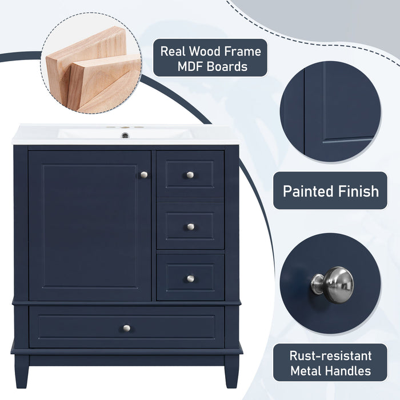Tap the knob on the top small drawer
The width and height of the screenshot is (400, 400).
190,174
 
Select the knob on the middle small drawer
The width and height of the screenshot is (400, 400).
190,226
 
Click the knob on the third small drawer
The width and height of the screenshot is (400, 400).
190,278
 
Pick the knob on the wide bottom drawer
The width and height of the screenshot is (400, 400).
127,328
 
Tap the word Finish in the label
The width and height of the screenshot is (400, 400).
358,190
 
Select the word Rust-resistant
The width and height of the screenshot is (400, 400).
330,356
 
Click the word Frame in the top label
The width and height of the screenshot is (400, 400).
239,51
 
